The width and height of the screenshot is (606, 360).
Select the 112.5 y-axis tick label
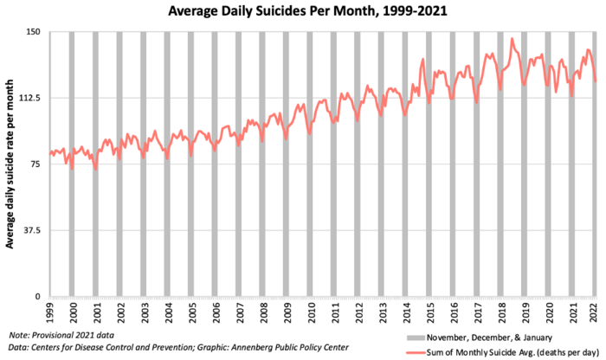[30, 99]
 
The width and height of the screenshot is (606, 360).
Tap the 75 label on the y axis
[36, 164]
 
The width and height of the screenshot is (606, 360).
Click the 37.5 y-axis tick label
[33, 230]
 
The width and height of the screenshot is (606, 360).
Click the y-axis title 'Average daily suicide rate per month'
[10, 164]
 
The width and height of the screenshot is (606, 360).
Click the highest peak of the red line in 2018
[512, 39]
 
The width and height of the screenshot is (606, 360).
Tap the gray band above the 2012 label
[356, 164]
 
